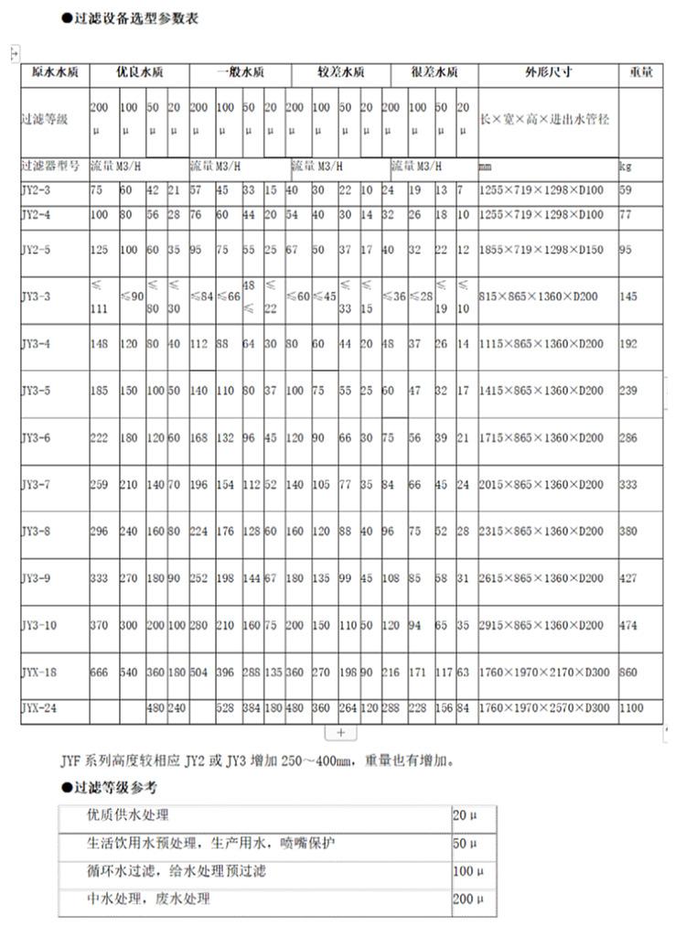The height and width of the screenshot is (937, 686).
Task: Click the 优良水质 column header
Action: (x=139, y=71)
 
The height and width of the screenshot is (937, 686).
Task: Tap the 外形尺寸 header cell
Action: (x=548, y=71)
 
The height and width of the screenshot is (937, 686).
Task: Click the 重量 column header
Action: (x=641, y=71)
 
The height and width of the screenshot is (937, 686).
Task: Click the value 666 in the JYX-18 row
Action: (x=100, y=672)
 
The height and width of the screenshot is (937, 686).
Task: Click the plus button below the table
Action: (x=340, y=733)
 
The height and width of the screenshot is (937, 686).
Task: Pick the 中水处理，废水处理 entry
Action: (x=148, y=899)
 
